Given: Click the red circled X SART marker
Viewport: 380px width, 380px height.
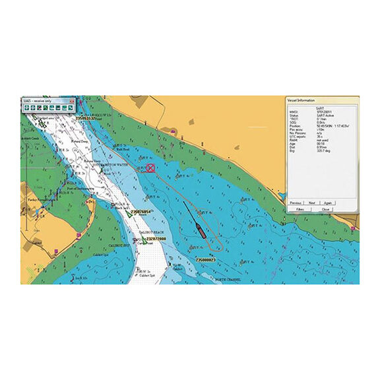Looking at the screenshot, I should pyautogui.click(x=150, y=168).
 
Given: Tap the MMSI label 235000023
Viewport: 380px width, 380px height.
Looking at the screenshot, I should pyautogui.click(x=200, y=260).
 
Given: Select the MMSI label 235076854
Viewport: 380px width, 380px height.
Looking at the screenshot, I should pyautogui.click(x=141, y=212).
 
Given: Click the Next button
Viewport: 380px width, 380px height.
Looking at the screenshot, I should pyautogui.click(x=312, y=203).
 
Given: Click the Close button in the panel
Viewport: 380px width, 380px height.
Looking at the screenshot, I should pyautogui.click(x=326, y=209).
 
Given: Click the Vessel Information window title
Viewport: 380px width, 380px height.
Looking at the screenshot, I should pyautogui.click(x=301, y=100).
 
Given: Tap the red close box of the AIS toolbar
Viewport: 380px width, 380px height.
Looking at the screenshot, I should pyautogui.click(x=72, y=102).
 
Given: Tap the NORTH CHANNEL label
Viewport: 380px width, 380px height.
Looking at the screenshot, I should pyautogui.click(x=228, y=280).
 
